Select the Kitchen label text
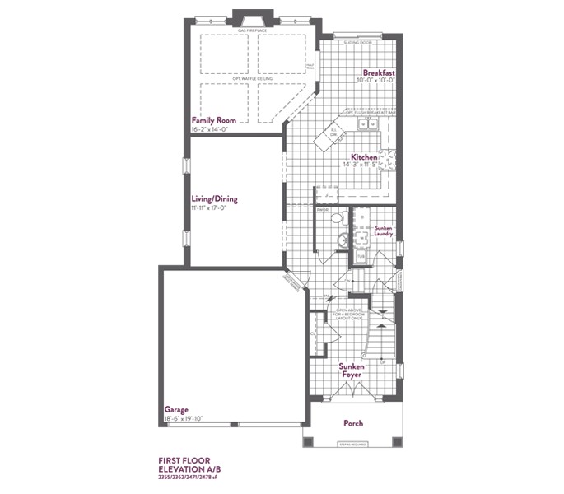pos(364,156)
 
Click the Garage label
pos(176,409)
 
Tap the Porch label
pos(352,424)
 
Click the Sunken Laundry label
pos(384,230)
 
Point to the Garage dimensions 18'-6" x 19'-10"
pos(184,418)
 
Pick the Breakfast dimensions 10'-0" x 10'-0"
pos(375,82)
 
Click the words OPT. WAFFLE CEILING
pos(254,79)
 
